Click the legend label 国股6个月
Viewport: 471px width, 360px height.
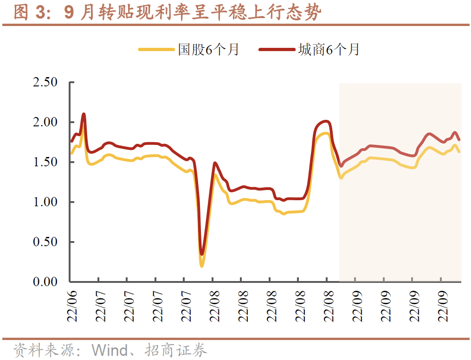[x=208, y=49]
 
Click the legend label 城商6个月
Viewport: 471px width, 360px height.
[x=329, y=49]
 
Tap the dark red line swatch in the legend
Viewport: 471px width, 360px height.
[x=277, y=49]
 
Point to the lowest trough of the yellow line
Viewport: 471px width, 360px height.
[x=202, y=265]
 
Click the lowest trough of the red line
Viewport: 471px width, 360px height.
[x=202, y=254]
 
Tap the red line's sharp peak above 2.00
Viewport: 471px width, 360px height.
[x=84, y=114]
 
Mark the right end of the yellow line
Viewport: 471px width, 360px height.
[x=459, y=151]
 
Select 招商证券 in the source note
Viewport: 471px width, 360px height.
[x=176, y=350]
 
